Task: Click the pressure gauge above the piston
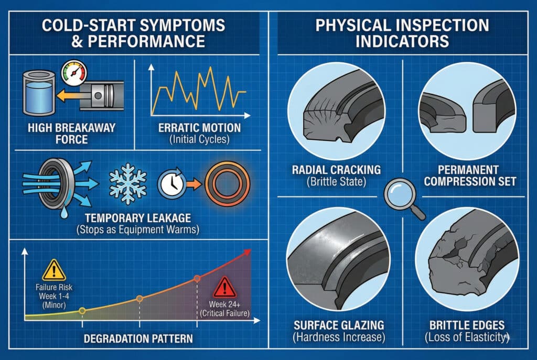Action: (x=74, y=73)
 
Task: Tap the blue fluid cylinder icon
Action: (x=39, y=93)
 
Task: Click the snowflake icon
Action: (x=128, y=184)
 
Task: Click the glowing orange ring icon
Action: (x=227, y=184)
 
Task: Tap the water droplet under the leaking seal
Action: (x=64, y=213)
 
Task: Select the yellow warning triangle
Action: (x=54, y=270)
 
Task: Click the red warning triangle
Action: (x=224, y=288)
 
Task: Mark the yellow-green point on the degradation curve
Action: (x=82, y=311)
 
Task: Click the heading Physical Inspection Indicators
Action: (x=402, y=33)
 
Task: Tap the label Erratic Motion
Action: (x=199, y=128)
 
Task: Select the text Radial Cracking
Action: (x=336, y=170)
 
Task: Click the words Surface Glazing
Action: (x=339, y=325)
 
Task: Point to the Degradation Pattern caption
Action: (x=138, y=339)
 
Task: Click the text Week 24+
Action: (x=224, y=304)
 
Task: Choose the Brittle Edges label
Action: (x=467, y=325)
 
